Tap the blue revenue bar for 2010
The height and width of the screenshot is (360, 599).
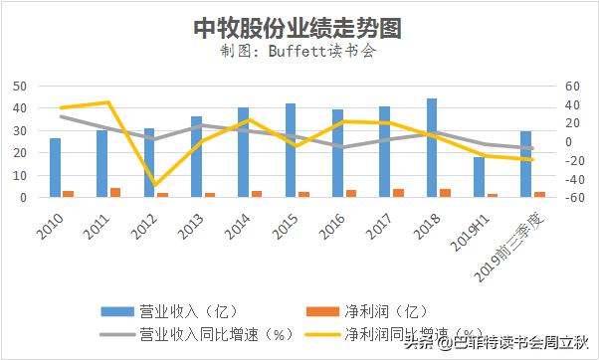[56, 167]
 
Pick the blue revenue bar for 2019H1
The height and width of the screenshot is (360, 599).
[479, 177]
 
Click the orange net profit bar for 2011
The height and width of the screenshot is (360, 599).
[115, 192]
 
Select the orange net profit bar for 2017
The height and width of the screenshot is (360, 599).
[398, 193]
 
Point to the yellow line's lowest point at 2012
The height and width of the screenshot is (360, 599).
[155, 185]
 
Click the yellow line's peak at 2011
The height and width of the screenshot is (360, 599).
[107, 102]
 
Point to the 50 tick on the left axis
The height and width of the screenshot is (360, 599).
[19, 86]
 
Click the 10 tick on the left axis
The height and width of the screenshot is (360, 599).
[19, 175]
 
